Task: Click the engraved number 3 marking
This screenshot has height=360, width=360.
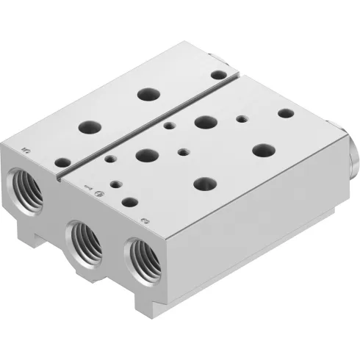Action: click(x=145, y=219)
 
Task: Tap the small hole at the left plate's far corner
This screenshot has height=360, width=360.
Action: click(x=217, y=74)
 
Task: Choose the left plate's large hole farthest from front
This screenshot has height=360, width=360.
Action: click(x=146, y=94)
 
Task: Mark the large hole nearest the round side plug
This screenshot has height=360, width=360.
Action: click(x=263, y=149)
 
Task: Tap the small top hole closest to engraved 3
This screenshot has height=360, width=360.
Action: click(x=130, y=200)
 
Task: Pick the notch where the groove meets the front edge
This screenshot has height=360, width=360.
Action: click(x=58, y=176)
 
